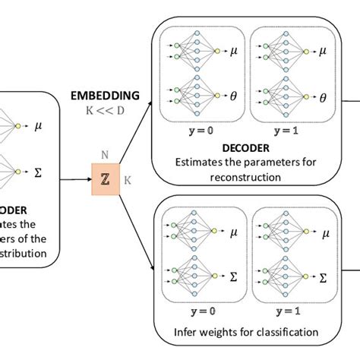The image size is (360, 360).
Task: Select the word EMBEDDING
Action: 105,96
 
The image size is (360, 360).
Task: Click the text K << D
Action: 105,111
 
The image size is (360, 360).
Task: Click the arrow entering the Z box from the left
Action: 76,181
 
